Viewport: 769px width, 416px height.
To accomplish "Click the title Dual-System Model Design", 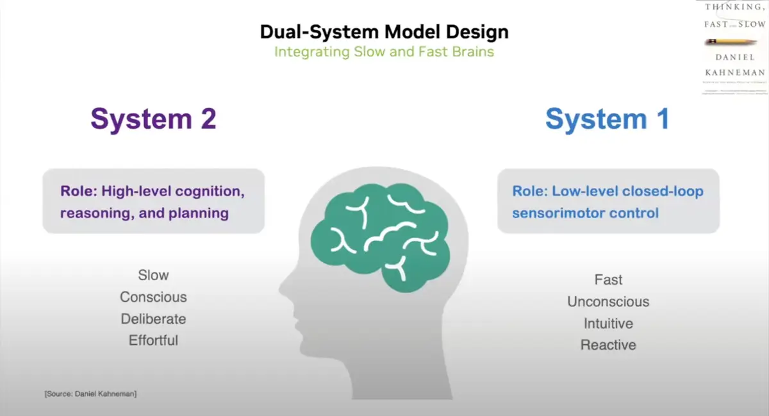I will pyautogui.click(x=384, y=31).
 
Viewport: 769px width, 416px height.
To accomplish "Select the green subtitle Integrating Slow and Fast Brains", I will pyautogui.click(x=384, y=51).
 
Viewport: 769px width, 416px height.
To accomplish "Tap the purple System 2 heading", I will pyautogui.click(x=153, y=119).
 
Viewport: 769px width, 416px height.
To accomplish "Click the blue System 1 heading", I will pyautogui.click(x=607, y=119).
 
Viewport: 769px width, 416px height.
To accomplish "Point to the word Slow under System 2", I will pyautogui.click(x=153, y=276).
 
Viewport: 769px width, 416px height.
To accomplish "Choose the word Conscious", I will pyautogui.click(x=153, y=297).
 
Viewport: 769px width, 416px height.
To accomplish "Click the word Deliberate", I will pyautogui.click(x=153, y=319).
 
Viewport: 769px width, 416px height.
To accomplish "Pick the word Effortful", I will pyautogui.click(x=153, y=340).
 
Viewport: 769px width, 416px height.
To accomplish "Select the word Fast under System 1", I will pyautogui.click(x=608, y=280).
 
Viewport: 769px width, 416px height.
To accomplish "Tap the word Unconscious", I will pyautogui.click(x=608, y=302).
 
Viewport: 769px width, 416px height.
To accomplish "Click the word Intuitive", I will pyautogui.click(x=608, y=324).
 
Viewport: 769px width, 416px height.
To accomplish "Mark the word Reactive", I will pyautogui.click(x=608, y=345).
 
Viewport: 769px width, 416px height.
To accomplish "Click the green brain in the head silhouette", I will pyautogui.click(x=378, y=231).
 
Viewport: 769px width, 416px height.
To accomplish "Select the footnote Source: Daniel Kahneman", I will pyautogui.click(x=90, y=394).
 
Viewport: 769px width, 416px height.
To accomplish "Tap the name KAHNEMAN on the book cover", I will pyautogui.click(x=734, y=72).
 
